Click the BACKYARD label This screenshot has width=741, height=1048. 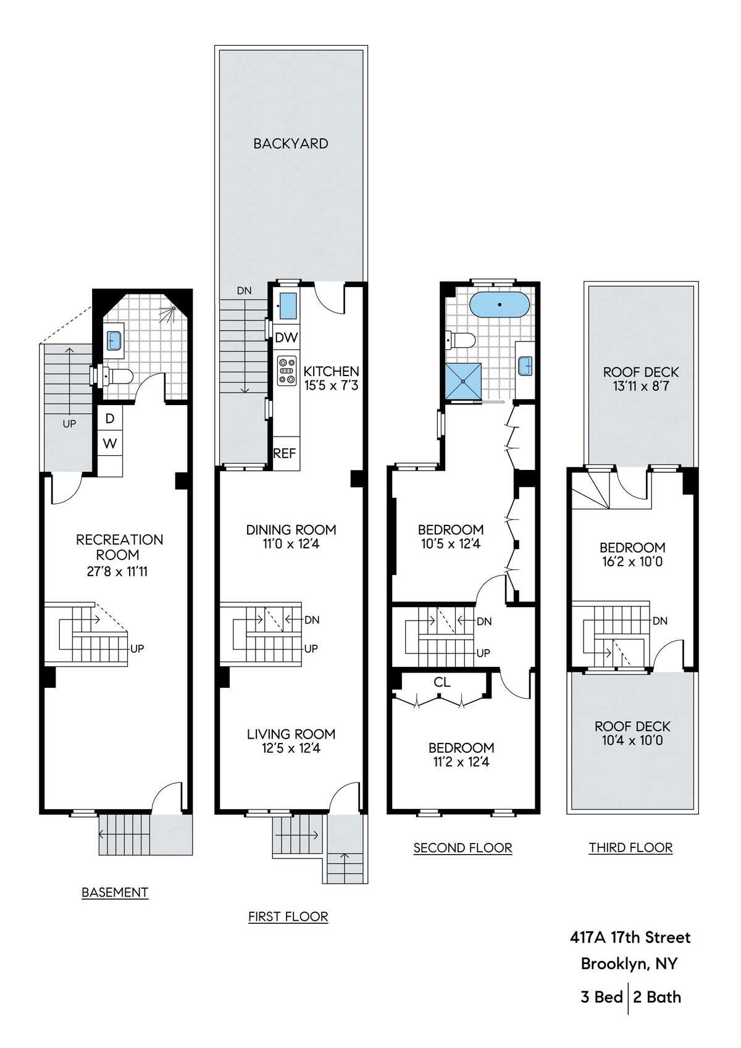[290, 143]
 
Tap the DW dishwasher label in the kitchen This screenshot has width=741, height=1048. [286, 338]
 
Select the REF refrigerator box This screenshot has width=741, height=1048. [285, 453]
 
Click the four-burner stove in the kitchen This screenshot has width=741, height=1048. [287, 371]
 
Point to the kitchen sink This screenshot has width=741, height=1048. [287, 306]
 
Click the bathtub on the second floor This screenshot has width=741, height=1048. [499, 305]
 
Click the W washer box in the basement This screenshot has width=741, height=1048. [109, 443]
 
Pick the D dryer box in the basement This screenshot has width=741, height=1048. [110, 418]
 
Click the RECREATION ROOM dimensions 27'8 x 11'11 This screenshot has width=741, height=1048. [117, 571]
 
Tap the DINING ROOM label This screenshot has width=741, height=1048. [291, 529]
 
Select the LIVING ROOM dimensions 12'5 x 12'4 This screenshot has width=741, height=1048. [291, 748]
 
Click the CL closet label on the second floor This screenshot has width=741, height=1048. [442, 682]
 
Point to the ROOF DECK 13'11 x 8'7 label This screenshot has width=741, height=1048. [640, 379]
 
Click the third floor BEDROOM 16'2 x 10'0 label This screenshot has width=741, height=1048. [632, 554]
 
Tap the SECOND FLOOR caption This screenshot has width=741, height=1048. [463, 848]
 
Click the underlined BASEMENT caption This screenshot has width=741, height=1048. [115, 892]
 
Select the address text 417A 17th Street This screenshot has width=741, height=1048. [630, 937]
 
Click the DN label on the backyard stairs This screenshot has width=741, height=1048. [244, 290]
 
